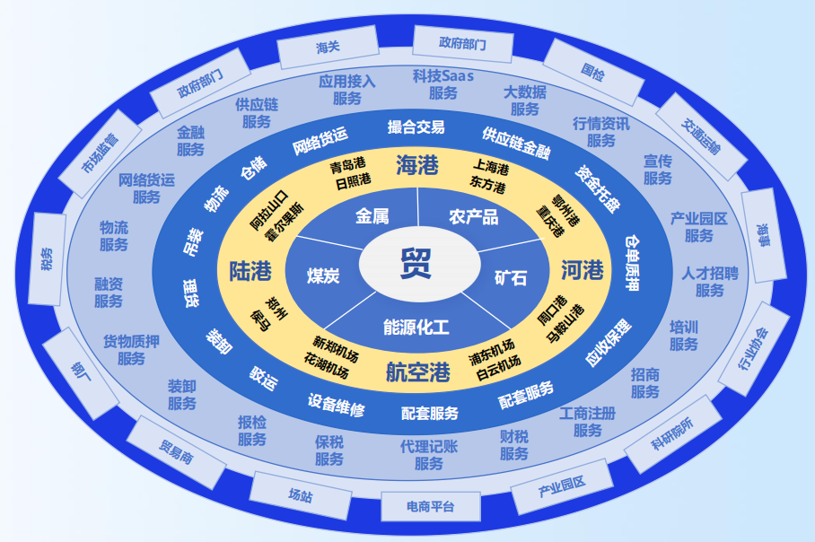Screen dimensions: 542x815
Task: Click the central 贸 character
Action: (x=416, y=264)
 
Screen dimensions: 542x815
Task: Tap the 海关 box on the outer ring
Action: (x=329, y=47)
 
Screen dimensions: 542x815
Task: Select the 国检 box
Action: (x=593, y=69)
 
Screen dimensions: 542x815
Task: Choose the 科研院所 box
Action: (x=674, y=433)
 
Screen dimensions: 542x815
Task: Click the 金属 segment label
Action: (x=372, y=216)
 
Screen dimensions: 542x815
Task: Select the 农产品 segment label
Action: (x=473, y=216)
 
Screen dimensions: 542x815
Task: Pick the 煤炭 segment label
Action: (x=323, y=275)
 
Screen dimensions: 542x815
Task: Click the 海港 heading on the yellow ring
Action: (x=417, y=164)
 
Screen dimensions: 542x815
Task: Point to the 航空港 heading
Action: (x=417, y=372)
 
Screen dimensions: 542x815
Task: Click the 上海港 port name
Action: (x=491, y=168)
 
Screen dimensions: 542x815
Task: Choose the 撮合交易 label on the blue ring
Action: (x=416, y=127)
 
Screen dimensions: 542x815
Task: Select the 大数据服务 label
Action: (x=525, y=101)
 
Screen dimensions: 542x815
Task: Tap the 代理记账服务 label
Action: (x=429, y=455)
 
